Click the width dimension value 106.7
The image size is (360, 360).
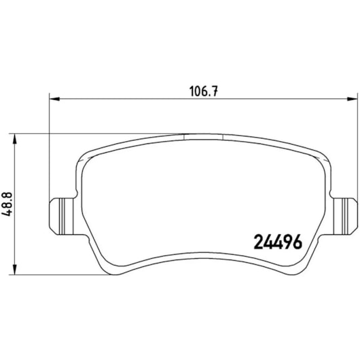tap(203, 91)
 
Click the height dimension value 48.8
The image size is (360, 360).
tap(7, 204)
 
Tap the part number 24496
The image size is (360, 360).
tap(278, 242)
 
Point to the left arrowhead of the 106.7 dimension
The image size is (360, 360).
tap(54, 98)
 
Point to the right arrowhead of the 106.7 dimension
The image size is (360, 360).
tap(353, 98)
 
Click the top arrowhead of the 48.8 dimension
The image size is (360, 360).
tap(15, 139)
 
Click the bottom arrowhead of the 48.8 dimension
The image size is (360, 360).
tap(15, 269)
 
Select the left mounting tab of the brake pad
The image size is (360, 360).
tap(62, 216)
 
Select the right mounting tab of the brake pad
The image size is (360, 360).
tap(345, 216)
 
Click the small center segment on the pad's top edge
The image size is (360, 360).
tap(204, 137)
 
